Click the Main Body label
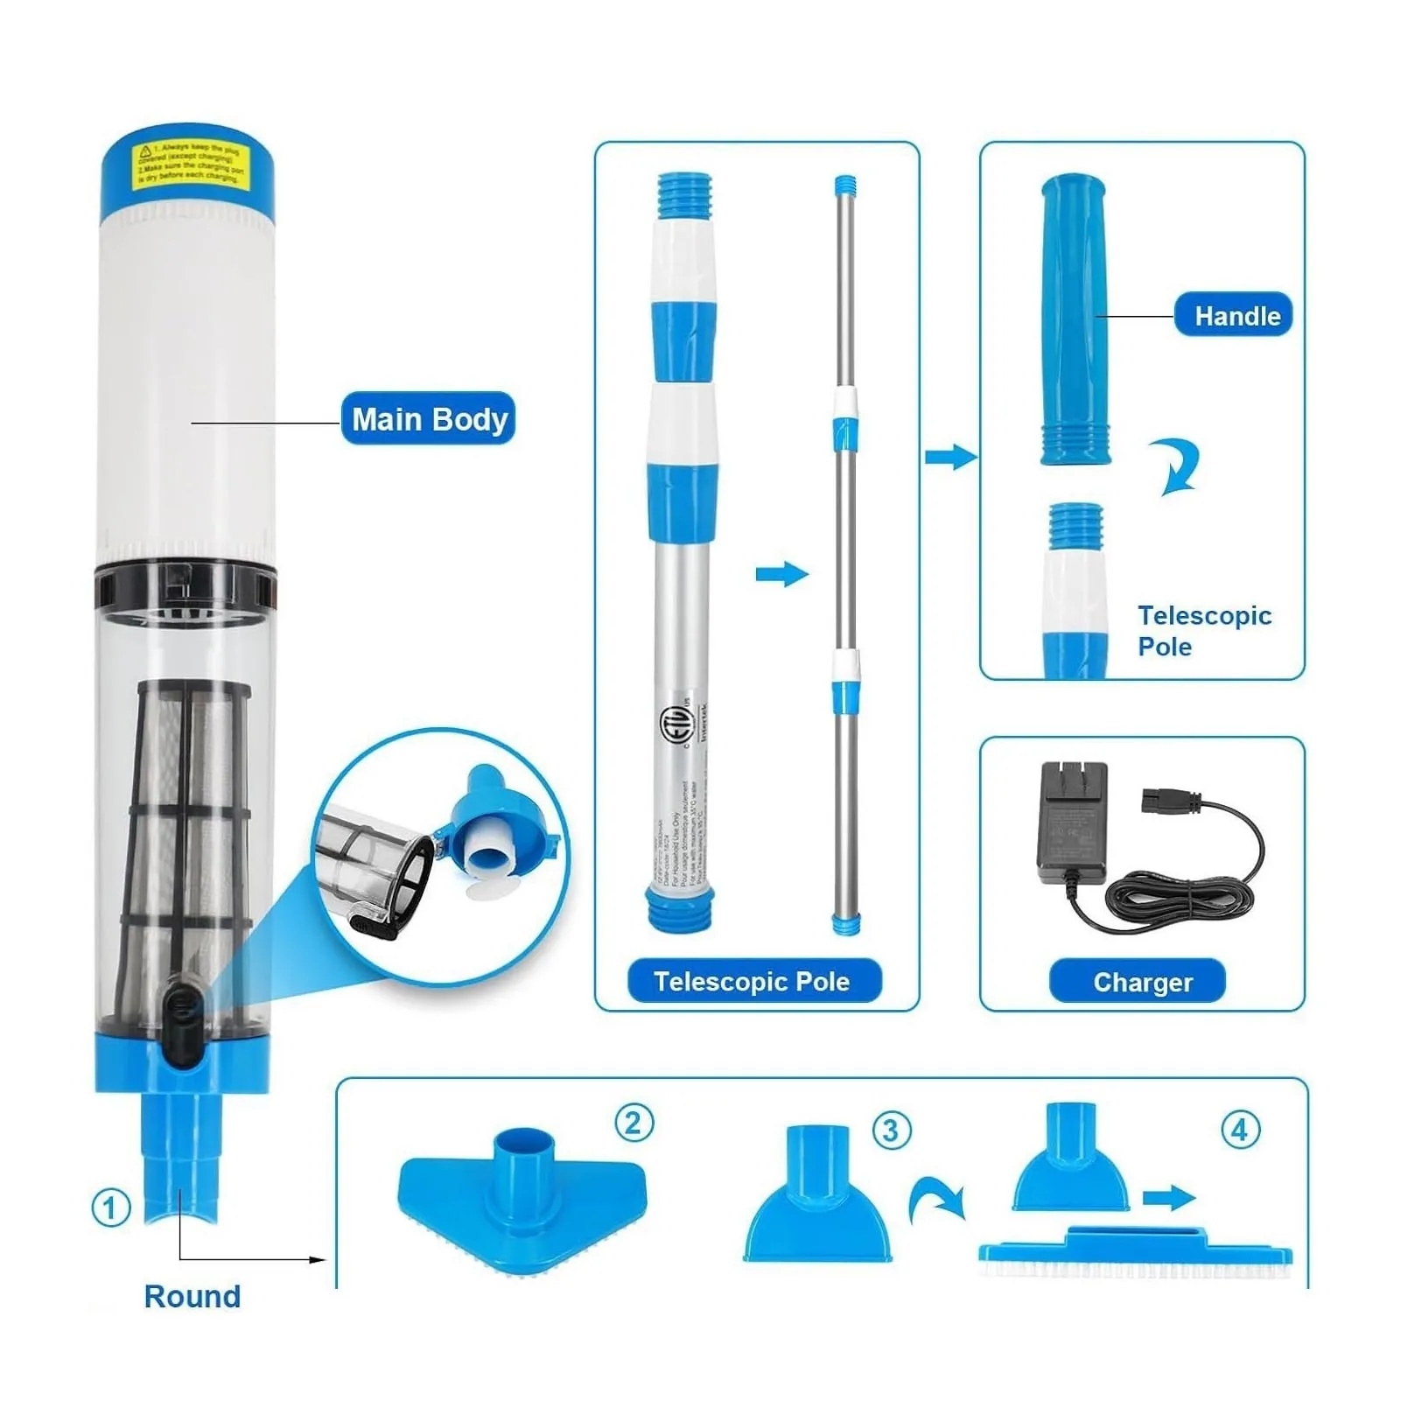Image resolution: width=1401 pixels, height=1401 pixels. (428, 419)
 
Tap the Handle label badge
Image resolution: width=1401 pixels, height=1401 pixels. (1232, 315)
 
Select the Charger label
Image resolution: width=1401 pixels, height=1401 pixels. (1138, 982)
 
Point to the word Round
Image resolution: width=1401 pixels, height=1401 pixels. (192, 1296)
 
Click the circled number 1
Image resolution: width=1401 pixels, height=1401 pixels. (110, 1208)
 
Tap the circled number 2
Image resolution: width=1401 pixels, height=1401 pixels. (634, 1123)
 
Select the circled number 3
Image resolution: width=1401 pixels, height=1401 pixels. (891, 1131)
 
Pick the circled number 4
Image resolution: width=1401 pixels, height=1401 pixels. (1240, 1131)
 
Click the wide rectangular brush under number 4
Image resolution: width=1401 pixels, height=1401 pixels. (1135, 1254)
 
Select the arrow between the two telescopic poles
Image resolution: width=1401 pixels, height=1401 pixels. (781, 574)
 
